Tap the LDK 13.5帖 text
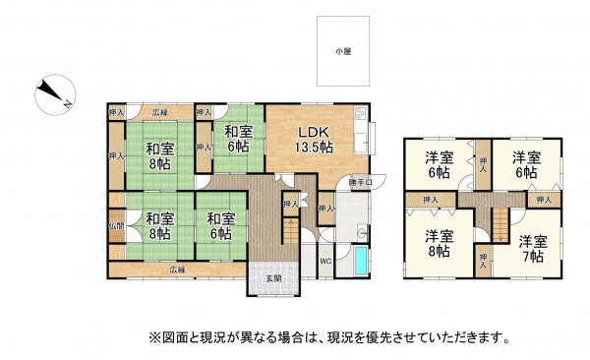(x=317, y=140)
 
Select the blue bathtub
(x=361, y=263)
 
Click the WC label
(x=324, y=261)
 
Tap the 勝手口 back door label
(x=360, y=183)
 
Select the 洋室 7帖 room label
(x=533, y=248)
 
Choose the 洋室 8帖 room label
(x=439, y=243)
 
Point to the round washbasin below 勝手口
(x=363, y=233)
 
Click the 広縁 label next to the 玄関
(x=176, y=269)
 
